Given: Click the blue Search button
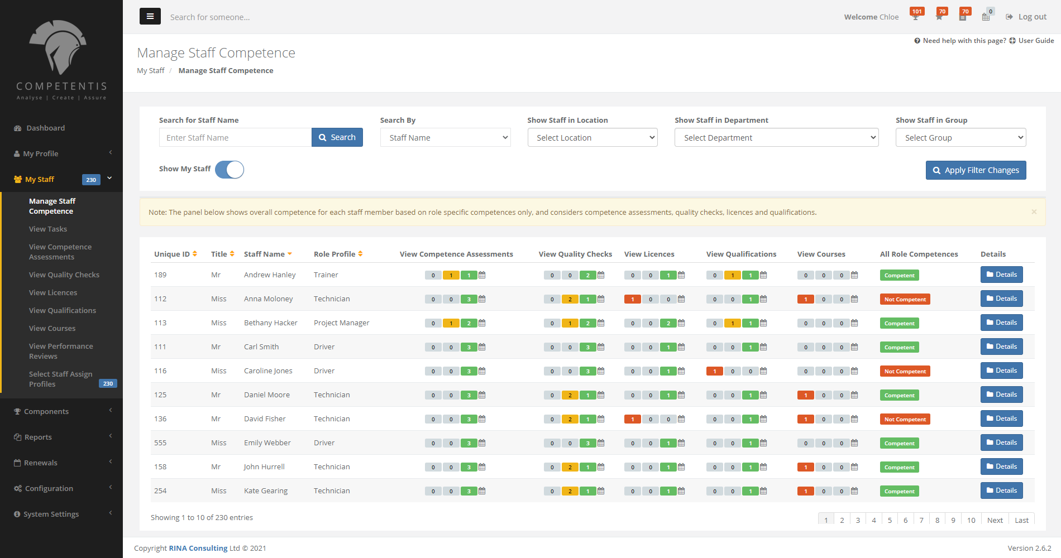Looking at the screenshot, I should [x=337, y=137].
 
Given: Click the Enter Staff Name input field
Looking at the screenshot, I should [x=235, y=137].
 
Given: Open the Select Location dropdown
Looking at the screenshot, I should [x=592, y=137].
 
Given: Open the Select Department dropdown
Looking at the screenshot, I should [x=776, y=137].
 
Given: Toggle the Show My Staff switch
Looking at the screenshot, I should [x=230, y=170].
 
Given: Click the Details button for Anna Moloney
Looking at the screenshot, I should [x=1001, y=299].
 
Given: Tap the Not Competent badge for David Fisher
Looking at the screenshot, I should [x=905, y=419].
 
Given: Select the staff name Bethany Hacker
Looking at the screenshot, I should [x=270, y=323].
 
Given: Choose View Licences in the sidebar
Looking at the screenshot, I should [x=53, y=292].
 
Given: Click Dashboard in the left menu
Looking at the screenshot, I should [x=45, y=128].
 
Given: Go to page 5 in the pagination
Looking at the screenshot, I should [x=890, y=520].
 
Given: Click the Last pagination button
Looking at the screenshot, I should [x=1021, y=520].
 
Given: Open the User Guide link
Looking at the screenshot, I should [x=1036, y=40].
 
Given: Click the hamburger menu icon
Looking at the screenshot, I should [x=150, y=16].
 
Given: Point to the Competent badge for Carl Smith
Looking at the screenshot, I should [x=899, y=347].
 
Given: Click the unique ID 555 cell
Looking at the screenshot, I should [x=160, y=443].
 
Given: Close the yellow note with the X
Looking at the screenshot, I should [x=1034, y=212].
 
